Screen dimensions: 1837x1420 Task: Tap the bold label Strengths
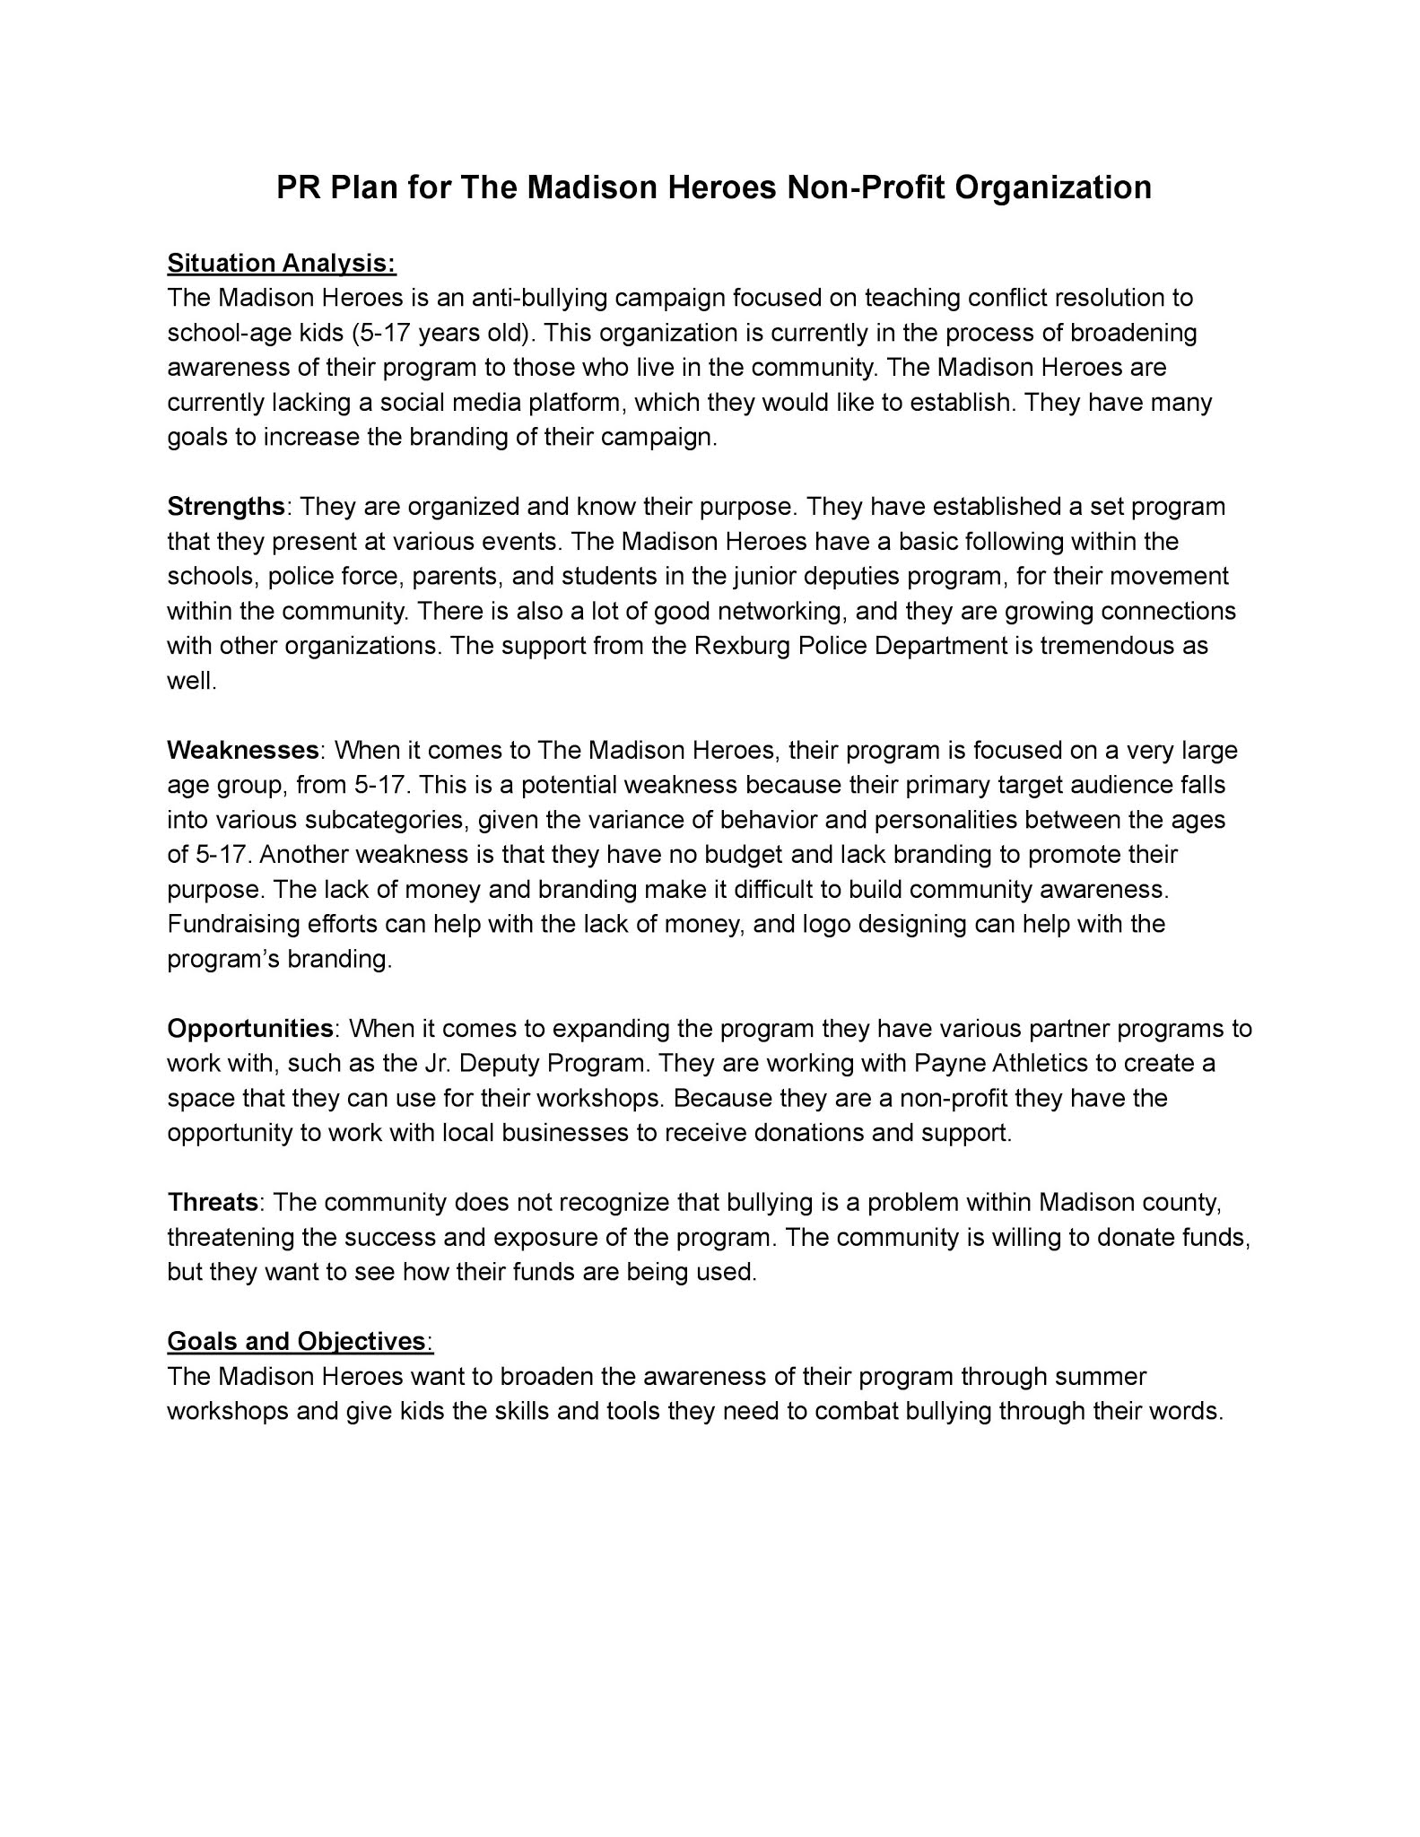[225, 507]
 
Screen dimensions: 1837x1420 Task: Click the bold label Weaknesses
[243, 750]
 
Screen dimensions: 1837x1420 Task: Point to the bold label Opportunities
[250, 1028]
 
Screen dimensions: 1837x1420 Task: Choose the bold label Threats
[213, 1202]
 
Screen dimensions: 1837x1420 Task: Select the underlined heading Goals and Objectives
[295, 1341]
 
